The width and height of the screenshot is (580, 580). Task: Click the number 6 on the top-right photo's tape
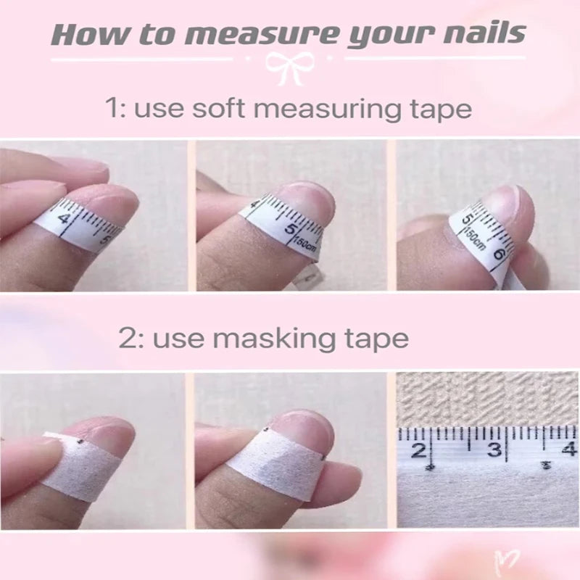tap(499, 255)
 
